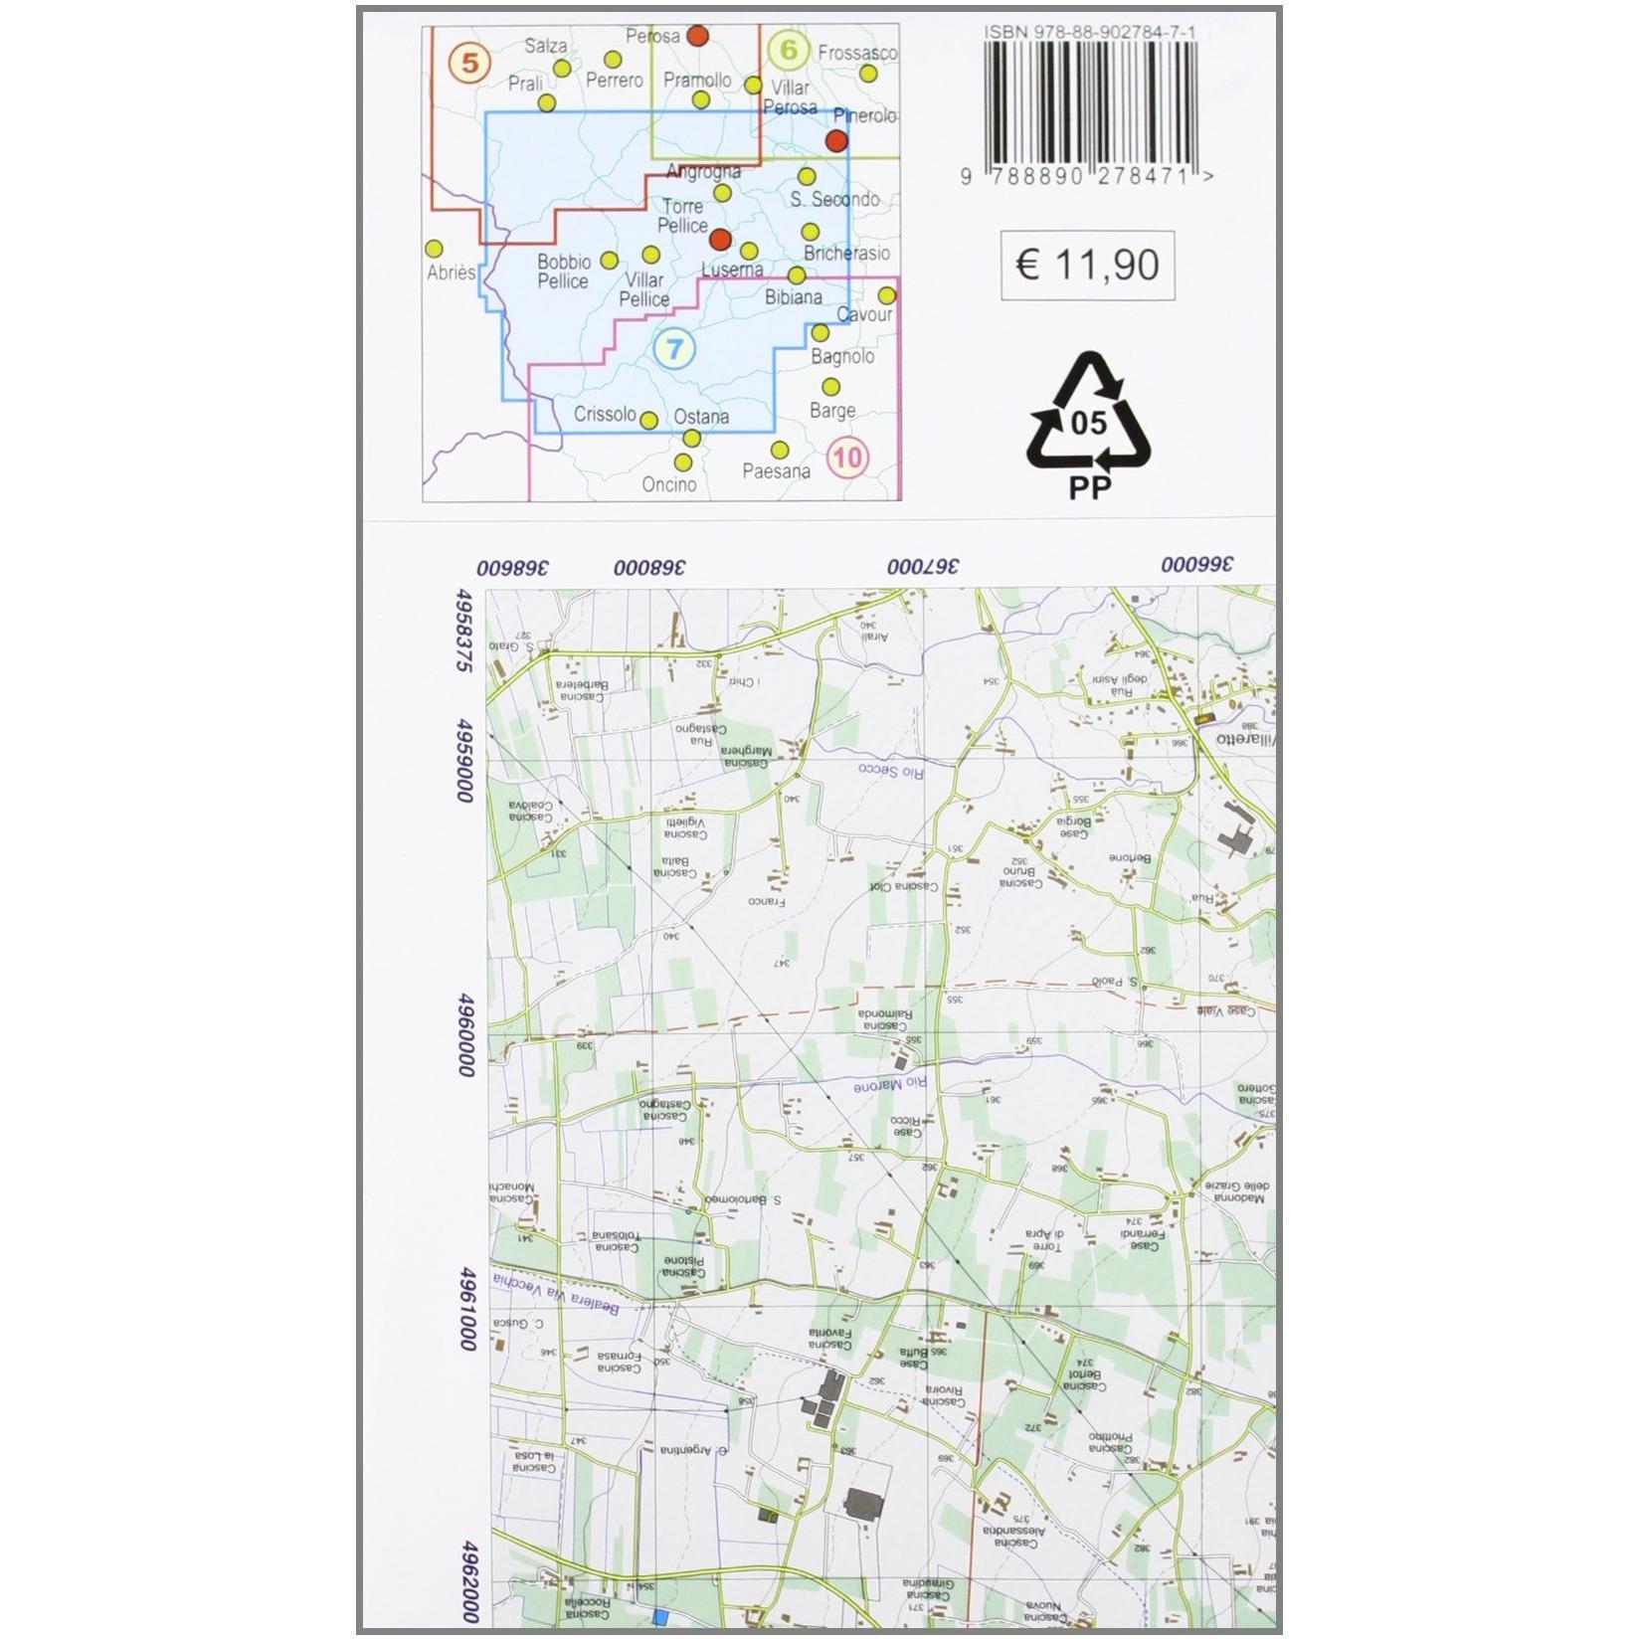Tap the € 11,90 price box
point(1088,265)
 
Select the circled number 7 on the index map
point(675,349)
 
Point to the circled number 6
point(790,50)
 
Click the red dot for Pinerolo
point(837,140)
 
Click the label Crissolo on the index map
point(605,416)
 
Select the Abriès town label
point(451,273)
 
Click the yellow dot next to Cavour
point(886,295)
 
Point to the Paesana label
point(777,471)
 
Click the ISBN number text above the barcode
point(1090,33)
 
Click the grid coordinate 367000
point(924,567)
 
